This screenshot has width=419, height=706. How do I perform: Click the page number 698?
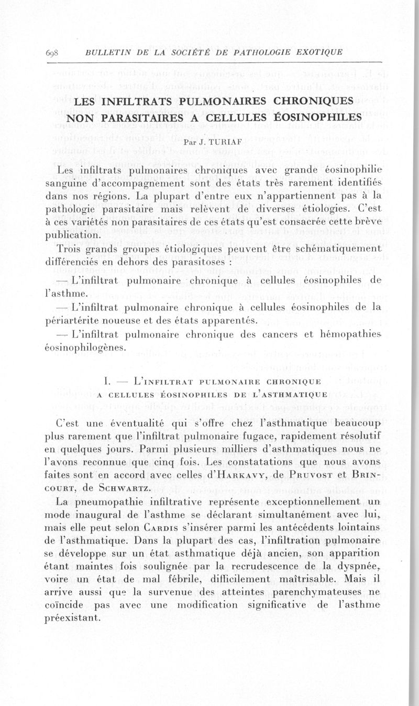tap(53, 52)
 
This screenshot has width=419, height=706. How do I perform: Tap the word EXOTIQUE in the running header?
tap(318, 52)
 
